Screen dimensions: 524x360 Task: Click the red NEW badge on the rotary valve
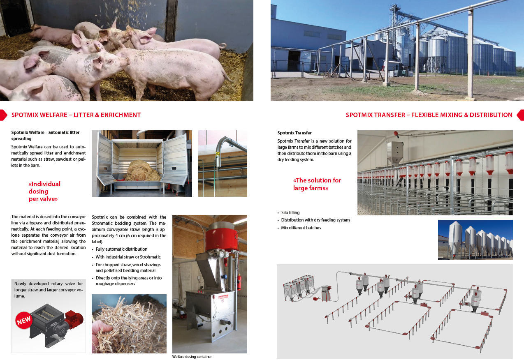click(x=24, y=320)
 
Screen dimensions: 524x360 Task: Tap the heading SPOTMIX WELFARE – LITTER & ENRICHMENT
click(x=76, y=115)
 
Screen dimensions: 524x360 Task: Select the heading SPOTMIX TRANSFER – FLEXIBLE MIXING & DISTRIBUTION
click(x=429, y=115)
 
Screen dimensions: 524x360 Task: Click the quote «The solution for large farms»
click(x=317, y=184)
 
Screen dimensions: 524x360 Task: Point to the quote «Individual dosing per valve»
click(x=44, y=192)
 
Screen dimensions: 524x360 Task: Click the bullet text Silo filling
click(x=290, y=212)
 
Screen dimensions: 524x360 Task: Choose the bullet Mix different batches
click(x=301, y=228)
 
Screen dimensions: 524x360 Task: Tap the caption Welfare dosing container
click(x=192, y=356)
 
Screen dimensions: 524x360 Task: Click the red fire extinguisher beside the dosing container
click(x=239, y=282)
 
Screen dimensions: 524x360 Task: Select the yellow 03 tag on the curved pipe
click(x=218, y=154)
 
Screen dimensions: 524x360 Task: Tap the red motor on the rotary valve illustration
click(x=74, y=318)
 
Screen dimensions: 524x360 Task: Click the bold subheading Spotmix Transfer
click(x=294, y=133)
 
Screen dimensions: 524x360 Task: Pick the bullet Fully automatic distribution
click(x=121, y=249)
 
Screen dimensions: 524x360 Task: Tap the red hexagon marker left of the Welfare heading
click(x=4, y=115)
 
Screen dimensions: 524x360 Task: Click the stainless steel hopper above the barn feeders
click(x=395, y=152)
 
